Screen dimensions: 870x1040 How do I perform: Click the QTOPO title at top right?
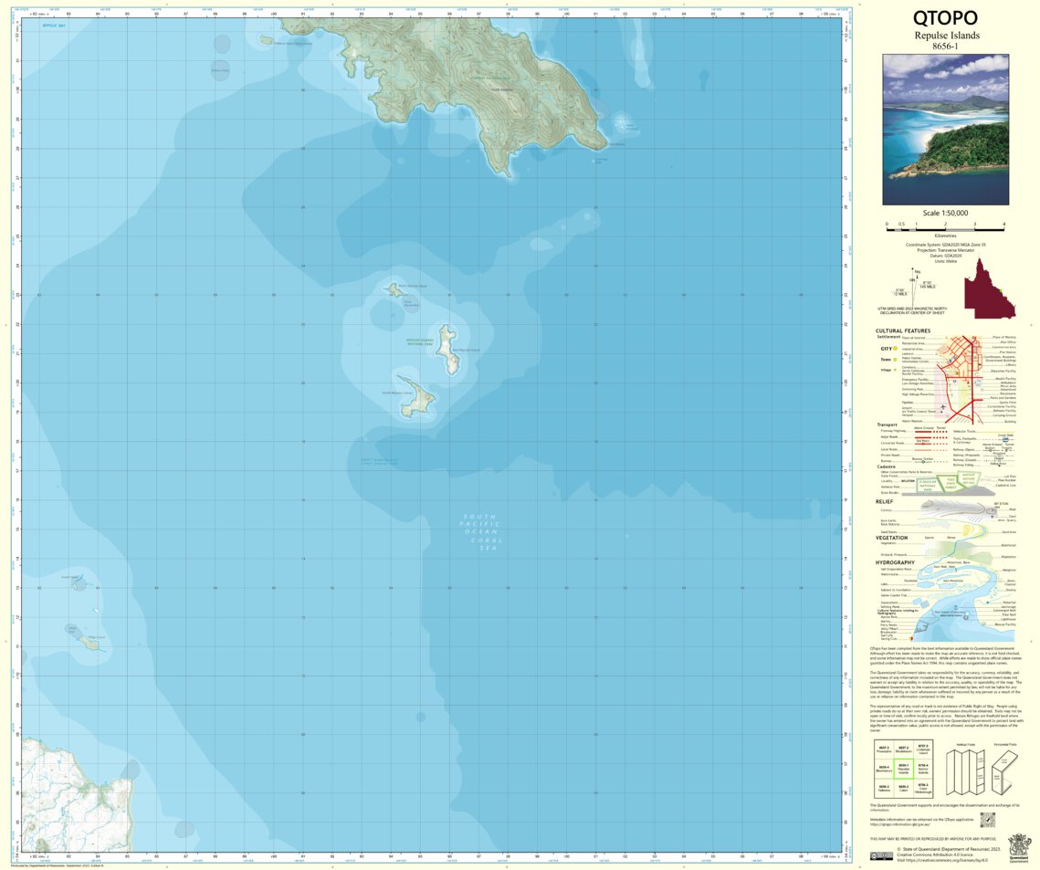click(x=945, y=18)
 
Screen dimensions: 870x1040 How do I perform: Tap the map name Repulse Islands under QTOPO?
click(x=945, y=36)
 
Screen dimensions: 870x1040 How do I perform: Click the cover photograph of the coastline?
click(x=945, y=129)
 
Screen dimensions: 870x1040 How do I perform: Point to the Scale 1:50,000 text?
click(x=945, y=213)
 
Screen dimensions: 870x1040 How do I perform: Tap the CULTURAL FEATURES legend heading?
click(x=903, y=330)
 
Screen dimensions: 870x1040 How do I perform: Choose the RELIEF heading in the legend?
click(x=884, y=501)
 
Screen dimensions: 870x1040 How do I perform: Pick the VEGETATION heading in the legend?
click(x=891, y=538)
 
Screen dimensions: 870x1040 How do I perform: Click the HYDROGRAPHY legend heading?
click(x=895, y=562)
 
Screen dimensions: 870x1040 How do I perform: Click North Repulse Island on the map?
click(x=394, y=289)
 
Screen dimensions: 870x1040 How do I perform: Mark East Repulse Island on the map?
click(x=448, y=349)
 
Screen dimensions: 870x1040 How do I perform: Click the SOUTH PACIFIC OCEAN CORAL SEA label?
click(x=481, y=529)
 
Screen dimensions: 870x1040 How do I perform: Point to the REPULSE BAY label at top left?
click(x=54, y=26)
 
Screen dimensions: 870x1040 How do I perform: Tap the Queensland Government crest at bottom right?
click(x=1018, y=843)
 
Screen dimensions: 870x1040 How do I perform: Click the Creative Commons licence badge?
click(x=881, y=855)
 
